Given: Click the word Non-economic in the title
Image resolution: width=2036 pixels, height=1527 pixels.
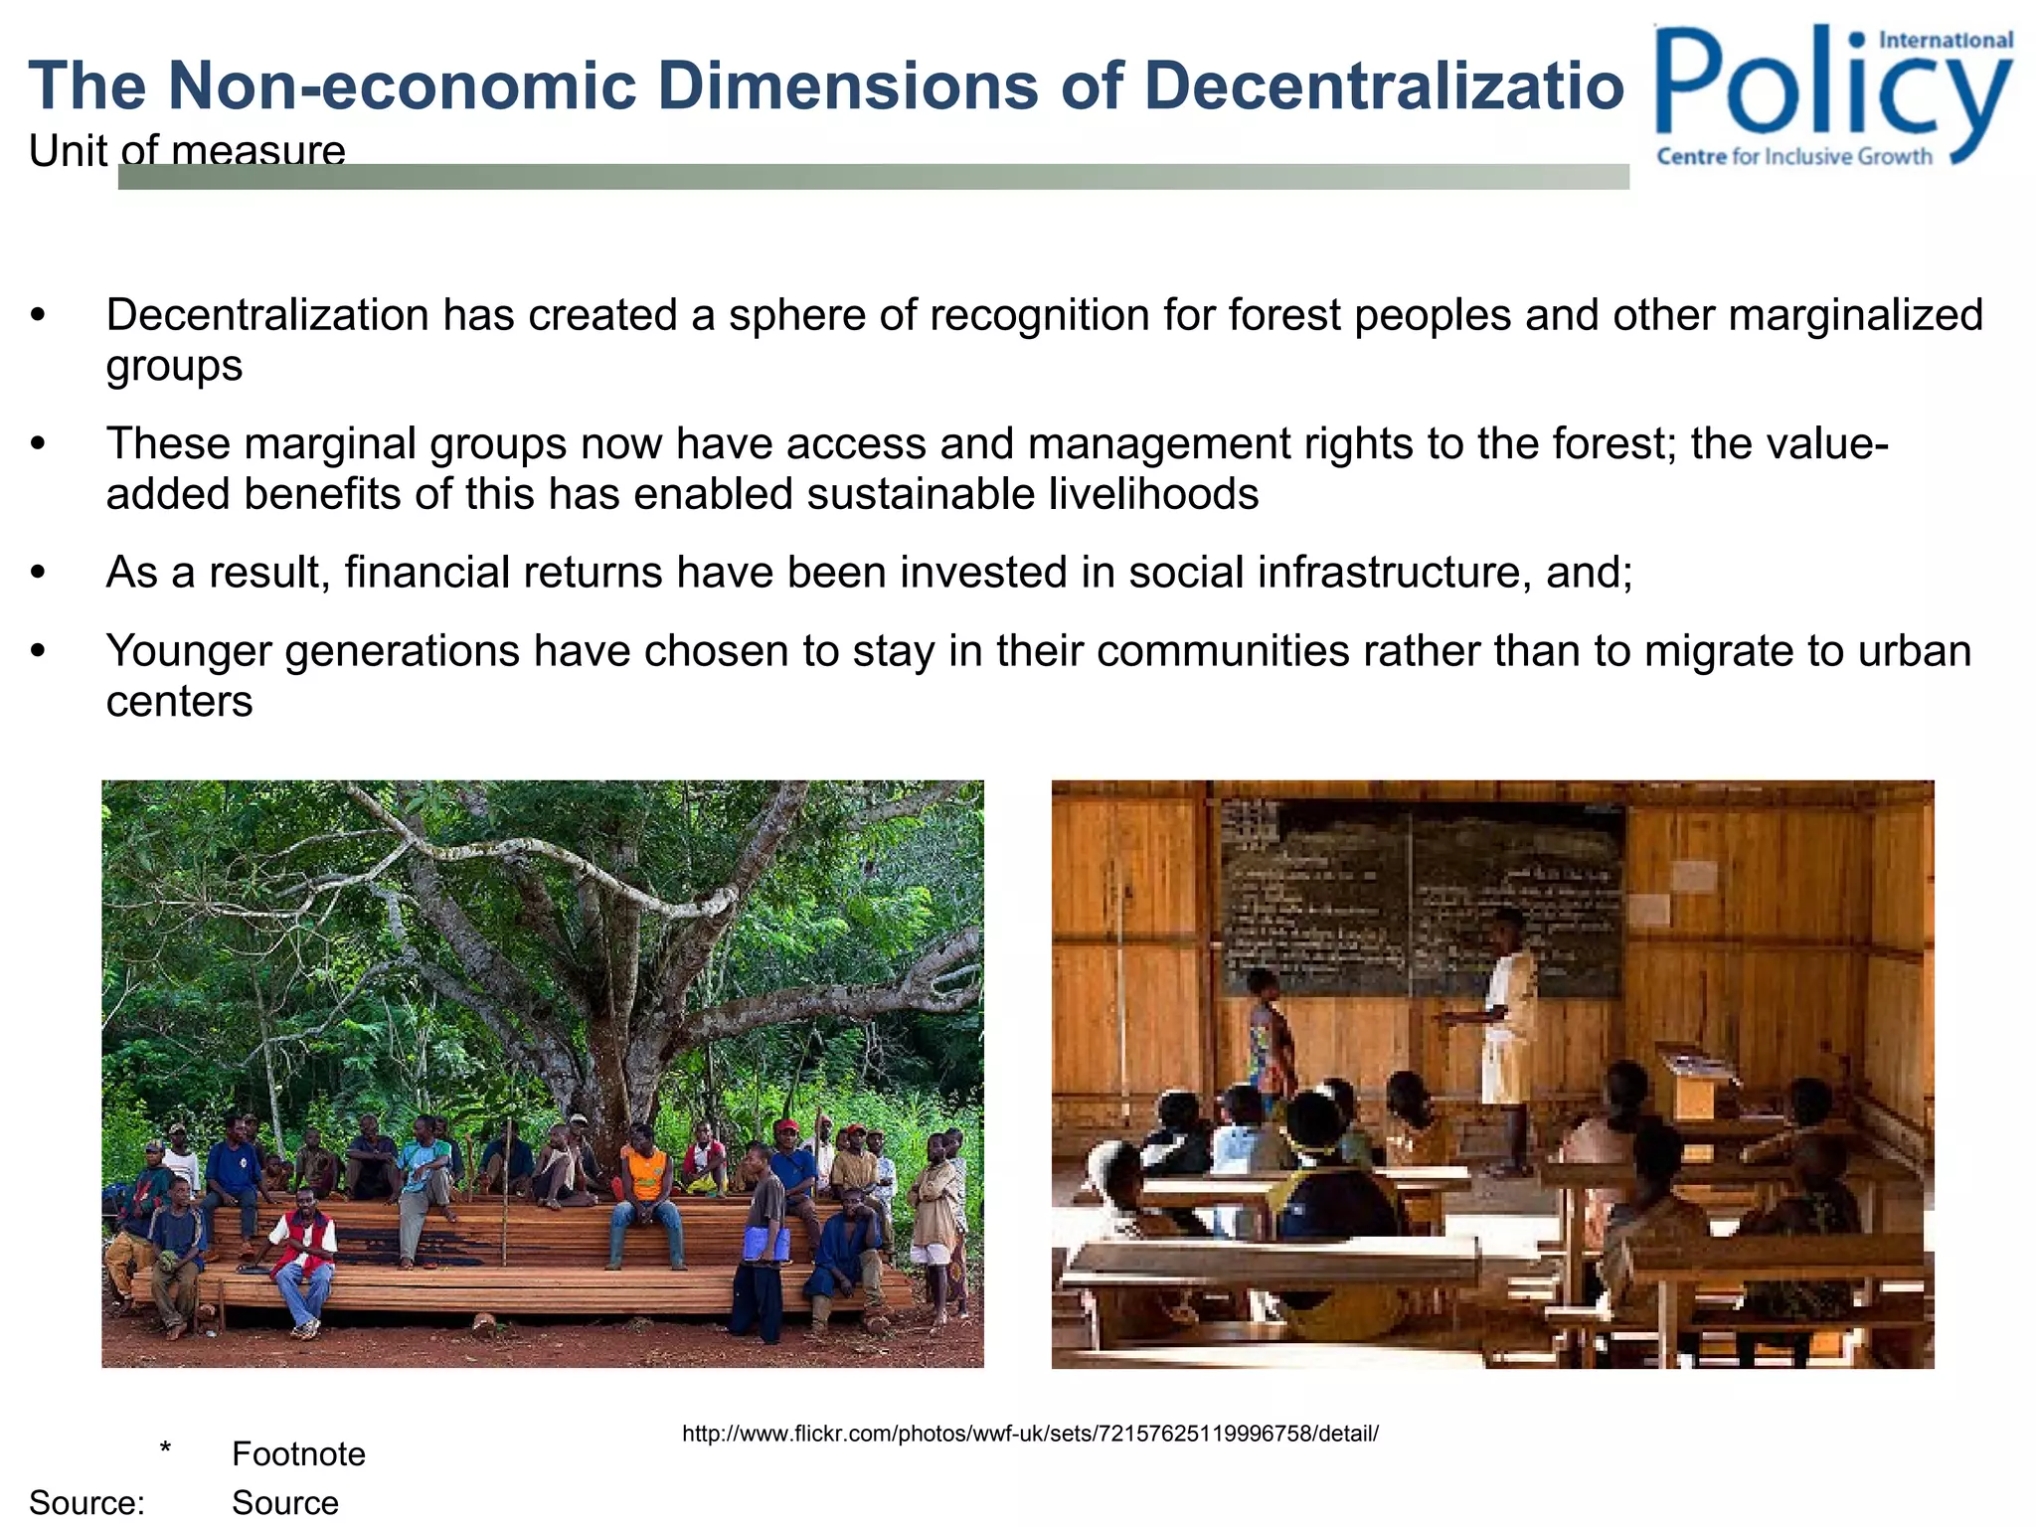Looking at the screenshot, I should click(403, 85).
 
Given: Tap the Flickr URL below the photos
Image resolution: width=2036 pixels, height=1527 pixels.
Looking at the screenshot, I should click(1030, 1434).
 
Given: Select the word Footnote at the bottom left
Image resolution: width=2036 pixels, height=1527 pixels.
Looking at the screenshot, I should click(298, 1454).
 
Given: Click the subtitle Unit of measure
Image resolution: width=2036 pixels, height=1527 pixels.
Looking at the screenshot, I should click(187, 151).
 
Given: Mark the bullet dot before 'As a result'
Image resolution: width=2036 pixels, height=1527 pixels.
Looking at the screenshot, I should click(39, 573).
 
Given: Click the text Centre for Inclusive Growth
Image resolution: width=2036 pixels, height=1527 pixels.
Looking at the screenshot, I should click(1793, 157).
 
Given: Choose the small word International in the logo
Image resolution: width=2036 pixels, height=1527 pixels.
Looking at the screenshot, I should click(1945, 41).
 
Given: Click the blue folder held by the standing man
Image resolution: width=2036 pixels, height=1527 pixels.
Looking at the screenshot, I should click(767, 1243).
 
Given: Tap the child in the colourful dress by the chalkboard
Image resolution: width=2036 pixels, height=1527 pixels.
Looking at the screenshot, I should click(1269, 1034).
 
